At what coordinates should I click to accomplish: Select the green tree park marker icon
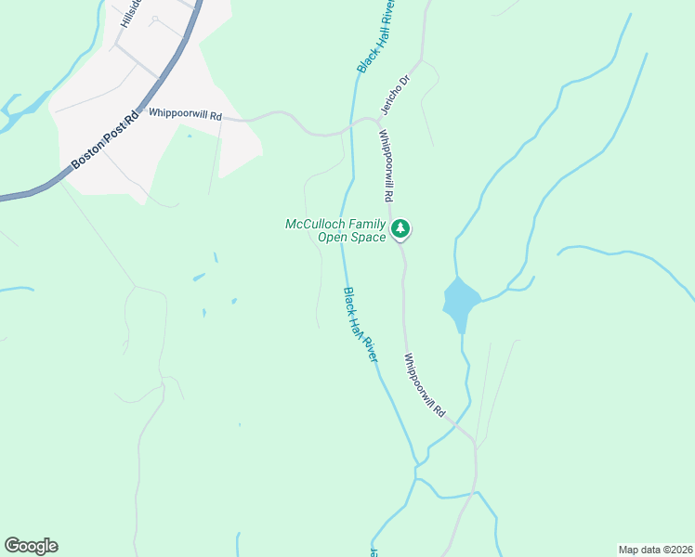pyautogui.click(x=400, y=227)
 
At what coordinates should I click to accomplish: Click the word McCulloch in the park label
pyautogui.click(x=317, y=225)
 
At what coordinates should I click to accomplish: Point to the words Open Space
pyautogui.click(x=351, y=239)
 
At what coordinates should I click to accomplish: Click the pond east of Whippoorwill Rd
pyautogui.click(x=460, y=302)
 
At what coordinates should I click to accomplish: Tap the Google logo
pyautogui.click(x=31, y=546)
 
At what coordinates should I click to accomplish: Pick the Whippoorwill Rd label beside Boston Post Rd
pyautogui.click(x=186, y=116)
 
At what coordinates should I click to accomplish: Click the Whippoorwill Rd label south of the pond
pyautogui.click(x=426, y=384)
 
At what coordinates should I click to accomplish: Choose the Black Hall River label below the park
pyautogui.click(x=360, y=325)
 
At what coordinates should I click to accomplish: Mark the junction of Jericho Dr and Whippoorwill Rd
pyautogui.click(x=380, y=121)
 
